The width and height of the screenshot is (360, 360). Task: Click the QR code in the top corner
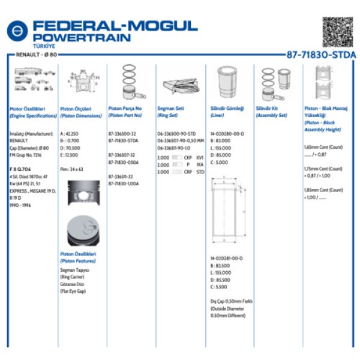click(x=337, y=32)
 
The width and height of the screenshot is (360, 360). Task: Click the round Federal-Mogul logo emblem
click(x=17, y=31)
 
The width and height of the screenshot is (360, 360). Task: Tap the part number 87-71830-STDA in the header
click(x=321, y=55)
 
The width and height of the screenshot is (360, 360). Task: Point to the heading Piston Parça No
click(x=125, y=109)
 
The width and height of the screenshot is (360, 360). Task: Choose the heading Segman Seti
click(x=170, y=109)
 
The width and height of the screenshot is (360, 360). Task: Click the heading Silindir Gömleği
click(x=227, y=109)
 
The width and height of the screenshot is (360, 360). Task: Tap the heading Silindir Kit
click(x=268, y=109)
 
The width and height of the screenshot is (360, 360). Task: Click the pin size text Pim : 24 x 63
click(x=72, y=170)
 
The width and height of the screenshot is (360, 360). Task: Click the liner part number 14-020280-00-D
click(x=227, y=133)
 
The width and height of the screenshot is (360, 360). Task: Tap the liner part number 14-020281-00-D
click(x=227, y=258)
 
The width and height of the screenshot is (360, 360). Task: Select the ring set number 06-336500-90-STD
click(x=176, y=133)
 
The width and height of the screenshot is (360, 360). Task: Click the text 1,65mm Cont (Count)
click(x=323, y=147)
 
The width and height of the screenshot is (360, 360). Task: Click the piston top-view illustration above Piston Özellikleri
click(x=84, y=231)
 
